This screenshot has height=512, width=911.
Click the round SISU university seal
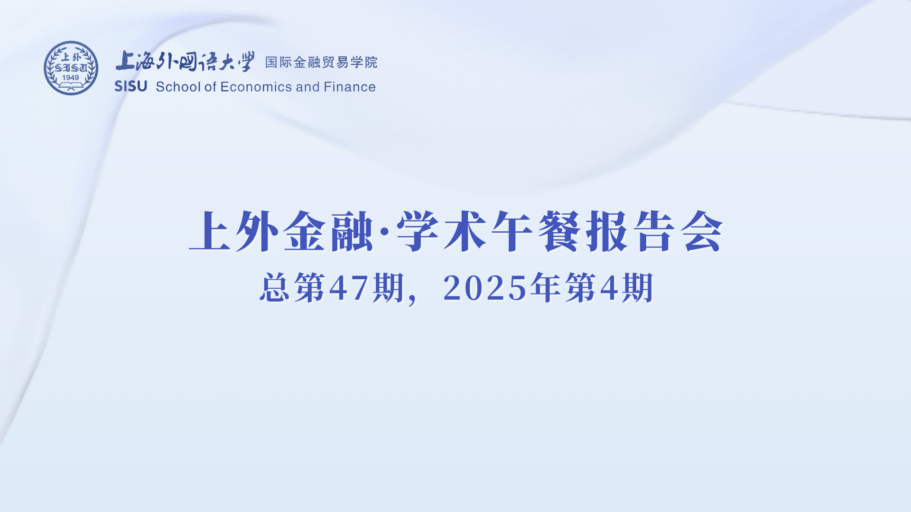click(x=71, y=68)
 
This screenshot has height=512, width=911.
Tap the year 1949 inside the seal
click(x=71, y=78)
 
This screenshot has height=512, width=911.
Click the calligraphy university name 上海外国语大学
click(x=185, y=61)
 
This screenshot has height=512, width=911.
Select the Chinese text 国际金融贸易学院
click(x=321, y=62)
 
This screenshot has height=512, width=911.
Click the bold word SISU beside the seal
click(x=131, y=86)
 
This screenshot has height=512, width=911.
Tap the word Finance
click(x=350, y=87)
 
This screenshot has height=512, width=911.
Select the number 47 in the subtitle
click(x=349, y=288)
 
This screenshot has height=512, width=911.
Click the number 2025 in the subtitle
click(x=485, y=288)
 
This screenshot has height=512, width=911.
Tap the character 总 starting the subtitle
click(x=275, y=287)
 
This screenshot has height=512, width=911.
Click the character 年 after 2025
click(x=546, y=287)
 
